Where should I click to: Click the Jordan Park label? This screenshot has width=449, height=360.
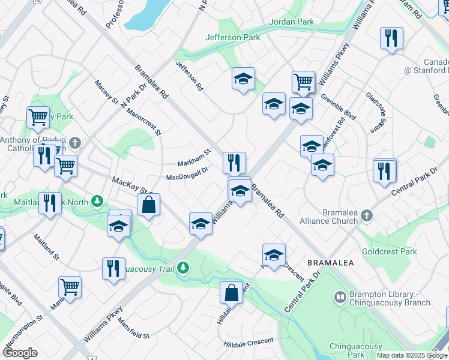(x=292, y=22)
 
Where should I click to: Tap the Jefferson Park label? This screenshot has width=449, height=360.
(x=233, y=37)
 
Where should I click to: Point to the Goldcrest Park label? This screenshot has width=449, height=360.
(x=390, y=251)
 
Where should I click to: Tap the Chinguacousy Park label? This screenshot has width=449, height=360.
(x=355, y=350)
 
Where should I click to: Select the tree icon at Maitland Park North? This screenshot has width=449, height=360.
(x=97, y=201)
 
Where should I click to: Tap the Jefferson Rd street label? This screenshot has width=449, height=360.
(x=188, y=76)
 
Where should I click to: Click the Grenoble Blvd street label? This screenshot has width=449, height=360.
(x=338, y=106)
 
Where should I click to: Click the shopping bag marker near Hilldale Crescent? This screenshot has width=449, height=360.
(x=231, y=293)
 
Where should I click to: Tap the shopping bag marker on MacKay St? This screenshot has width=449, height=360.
(x=148, y=205)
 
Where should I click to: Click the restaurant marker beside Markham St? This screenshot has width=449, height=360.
(x=234, y=162)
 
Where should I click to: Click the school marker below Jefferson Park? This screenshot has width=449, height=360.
(x=243, y=79)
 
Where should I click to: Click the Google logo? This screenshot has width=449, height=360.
(x=20, y=353)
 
